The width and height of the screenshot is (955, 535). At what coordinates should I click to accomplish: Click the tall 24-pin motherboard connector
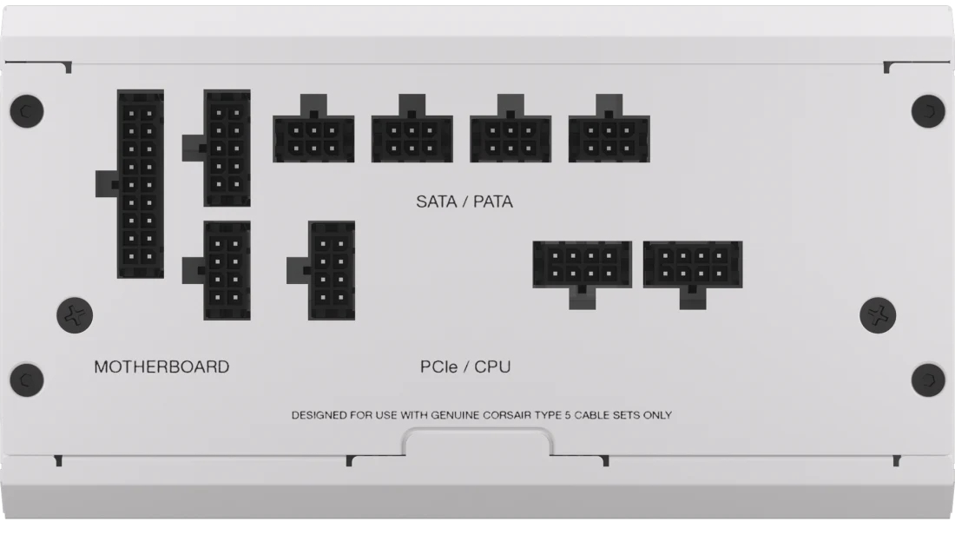[140, 184]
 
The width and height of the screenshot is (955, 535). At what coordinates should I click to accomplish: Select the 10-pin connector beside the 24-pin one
[227, 148]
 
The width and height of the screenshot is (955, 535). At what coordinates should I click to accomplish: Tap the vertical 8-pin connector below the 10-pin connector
[227, 271]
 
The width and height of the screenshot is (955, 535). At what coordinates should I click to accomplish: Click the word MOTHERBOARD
[161, 367]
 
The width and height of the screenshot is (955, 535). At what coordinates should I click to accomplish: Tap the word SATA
[436, 201]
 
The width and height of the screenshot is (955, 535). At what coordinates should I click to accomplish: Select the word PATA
[493, 201]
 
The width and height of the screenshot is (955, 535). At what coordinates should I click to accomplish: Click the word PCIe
[438, 367]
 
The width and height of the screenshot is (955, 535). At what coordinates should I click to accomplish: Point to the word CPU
[492, 367]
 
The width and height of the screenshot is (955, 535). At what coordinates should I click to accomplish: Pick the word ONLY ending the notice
[658, 415]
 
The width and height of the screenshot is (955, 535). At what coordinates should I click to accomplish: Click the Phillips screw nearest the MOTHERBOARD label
[75, 315]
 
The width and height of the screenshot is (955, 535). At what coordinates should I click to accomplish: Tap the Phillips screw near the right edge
[878, 315]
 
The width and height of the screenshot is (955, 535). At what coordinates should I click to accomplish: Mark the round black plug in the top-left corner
[27, 111]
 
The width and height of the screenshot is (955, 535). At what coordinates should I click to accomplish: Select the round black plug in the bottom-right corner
[928, 380]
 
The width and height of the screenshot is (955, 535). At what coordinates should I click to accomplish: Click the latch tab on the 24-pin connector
[107, 184]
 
